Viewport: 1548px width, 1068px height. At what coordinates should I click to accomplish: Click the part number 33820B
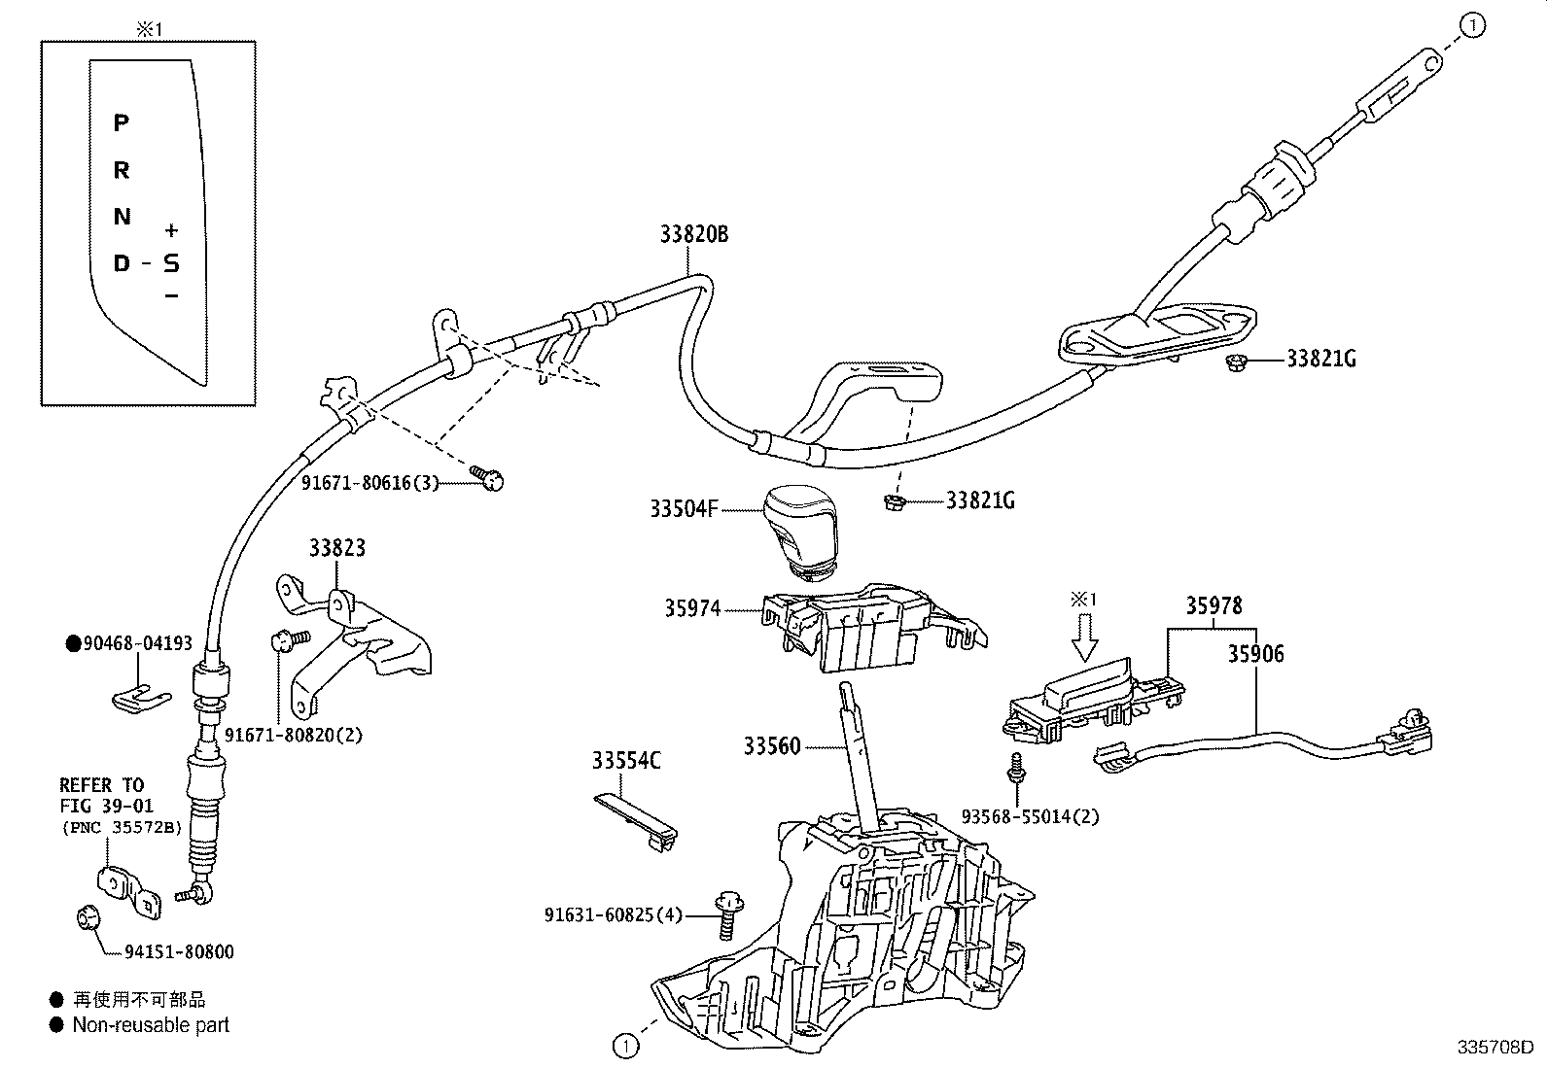click(693, 234)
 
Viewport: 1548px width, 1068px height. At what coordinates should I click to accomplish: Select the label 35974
click(692, 608)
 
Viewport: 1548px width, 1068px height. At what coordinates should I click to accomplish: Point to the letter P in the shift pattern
click(121, 123)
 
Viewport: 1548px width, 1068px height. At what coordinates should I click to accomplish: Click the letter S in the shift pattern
click(171, 263)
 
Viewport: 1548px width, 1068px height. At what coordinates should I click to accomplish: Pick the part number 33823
click(337, 548)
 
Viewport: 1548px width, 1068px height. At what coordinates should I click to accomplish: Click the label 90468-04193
click(137, 643)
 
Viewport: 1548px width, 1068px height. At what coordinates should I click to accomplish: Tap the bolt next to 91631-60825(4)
click(724, 913)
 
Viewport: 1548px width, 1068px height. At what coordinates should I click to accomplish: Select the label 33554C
click(626, 761)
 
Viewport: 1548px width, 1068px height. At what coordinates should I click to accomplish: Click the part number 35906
click(1254, 654)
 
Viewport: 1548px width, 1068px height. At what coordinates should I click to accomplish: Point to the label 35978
click(1213, 606)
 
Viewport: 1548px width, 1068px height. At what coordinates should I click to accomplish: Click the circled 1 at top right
click(1473, 27)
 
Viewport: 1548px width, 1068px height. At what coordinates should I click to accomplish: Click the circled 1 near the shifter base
click(626, 1046)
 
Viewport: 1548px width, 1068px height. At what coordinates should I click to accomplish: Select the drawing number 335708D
click(1495, 1048)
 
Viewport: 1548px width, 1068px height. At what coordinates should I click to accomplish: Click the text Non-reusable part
click(151, 1024)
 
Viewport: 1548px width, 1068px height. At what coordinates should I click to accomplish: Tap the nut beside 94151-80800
click(87, 916)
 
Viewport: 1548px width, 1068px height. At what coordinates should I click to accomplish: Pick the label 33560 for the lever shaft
click(772, 746)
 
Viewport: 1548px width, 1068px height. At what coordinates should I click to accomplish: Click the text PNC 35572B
click(121, 827)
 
